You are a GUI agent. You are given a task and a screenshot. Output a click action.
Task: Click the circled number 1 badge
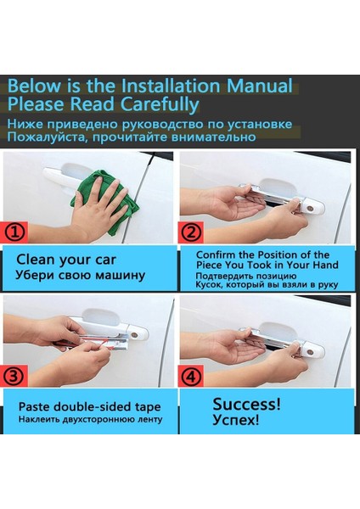point(14,232)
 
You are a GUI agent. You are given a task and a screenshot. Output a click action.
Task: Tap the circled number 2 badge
point(191,232)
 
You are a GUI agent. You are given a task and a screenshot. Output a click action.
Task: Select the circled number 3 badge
point(14,376)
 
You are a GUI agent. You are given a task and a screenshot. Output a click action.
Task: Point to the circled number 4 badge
point(191,376)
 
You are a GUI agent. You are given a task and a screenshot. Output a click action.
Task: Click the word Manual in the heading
point(259,86)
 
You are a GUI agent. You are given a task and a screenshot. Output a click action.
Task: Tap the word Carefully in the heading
point(160,104)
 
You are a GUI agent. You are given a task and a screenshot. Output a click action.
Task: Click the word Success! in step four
point(246,404)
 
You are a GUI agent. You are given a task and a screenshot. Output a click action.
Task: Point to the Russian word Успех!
point(236,420)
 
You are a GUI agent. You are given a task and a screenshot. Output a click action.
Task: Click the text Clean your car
point(66,260)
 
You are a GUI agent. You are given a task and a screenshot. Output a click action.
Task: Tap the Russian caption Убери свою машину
point(80,275)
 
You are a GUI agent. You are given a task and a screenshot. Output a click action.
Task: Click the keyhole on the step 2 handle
point(311,209)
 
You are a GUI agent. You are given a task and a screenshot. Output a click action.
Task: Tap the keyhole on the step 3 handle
point(134,335)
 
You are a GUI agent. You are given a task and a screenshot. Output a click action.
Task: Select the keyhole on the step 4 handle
point(310,352)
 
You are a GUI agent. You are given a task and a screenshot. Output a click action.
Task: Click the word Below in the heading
point(34,86)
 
